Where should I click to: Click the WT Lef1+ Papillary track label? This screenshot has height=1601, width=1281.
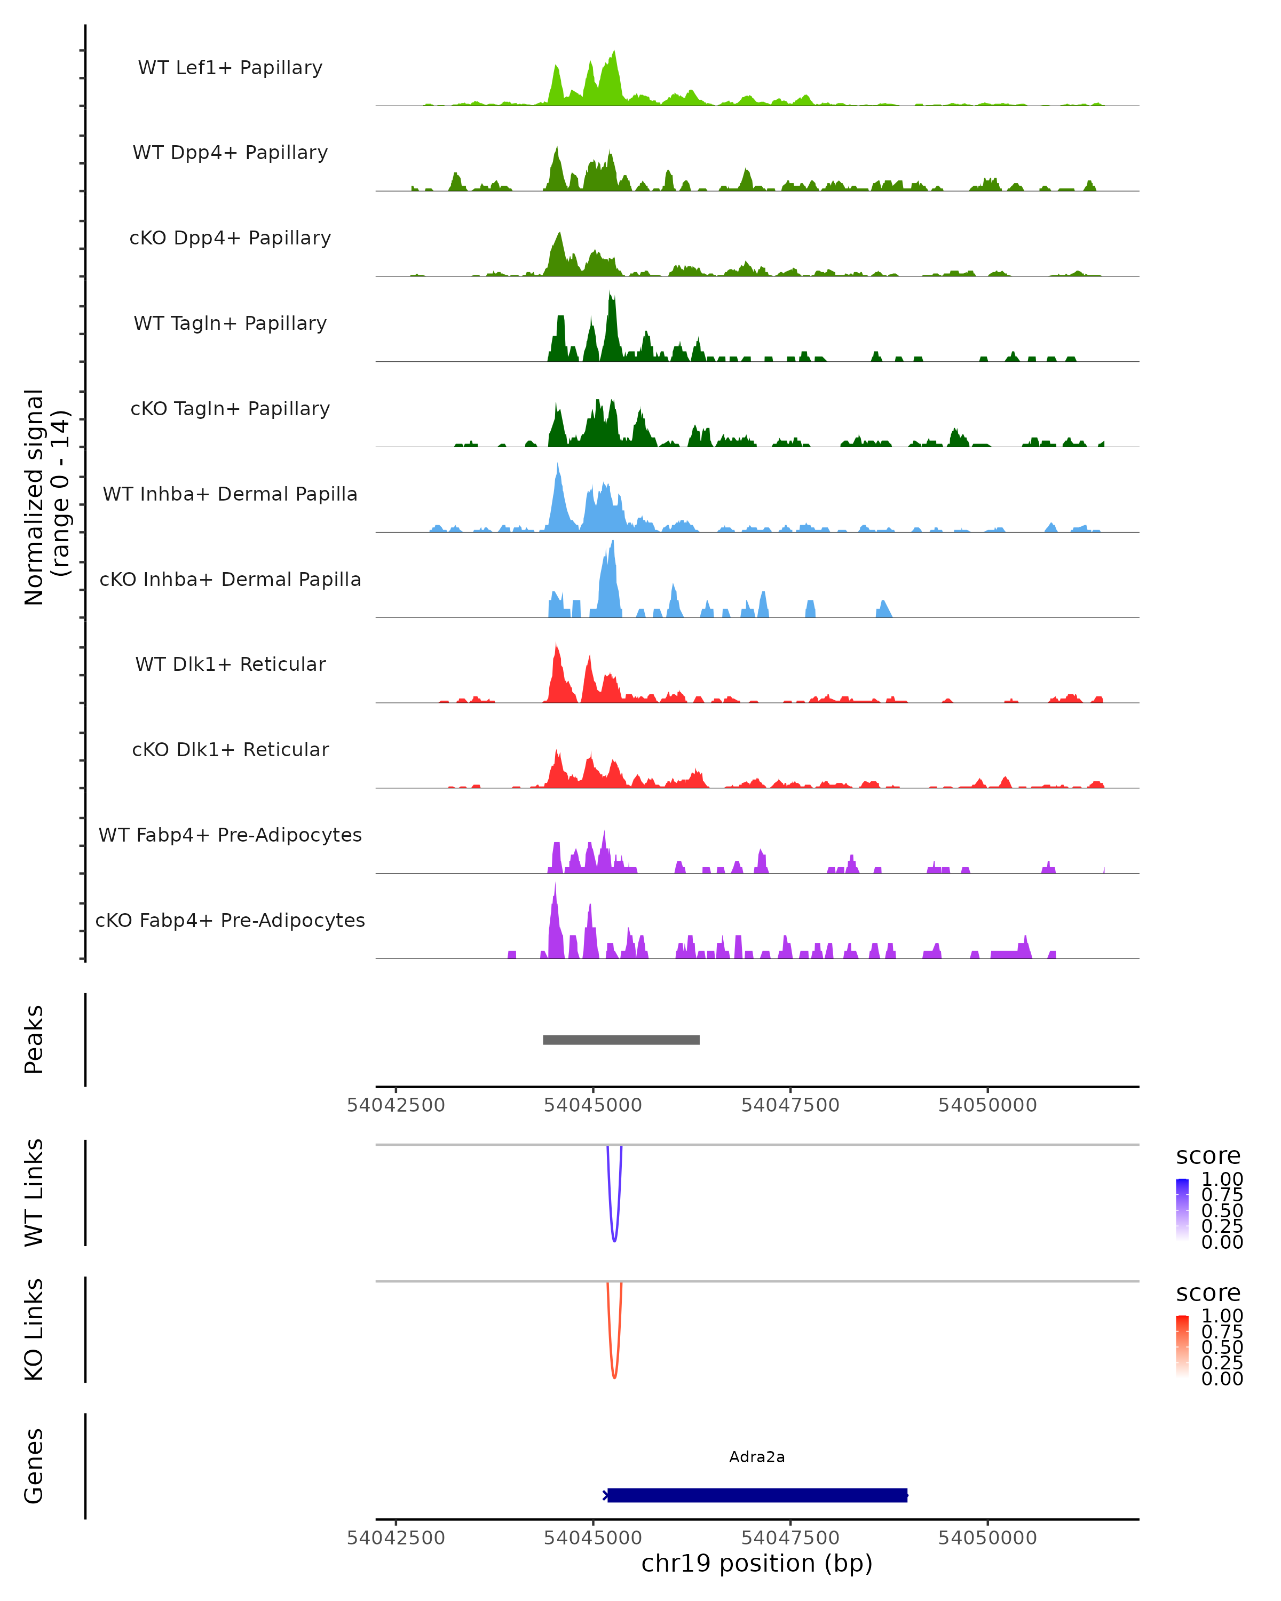230,68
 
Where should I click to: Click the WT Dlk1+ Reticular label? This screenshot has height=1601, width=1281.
230,664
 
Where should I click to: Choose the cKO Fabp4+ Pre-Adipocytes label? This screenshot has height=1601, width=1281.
230,920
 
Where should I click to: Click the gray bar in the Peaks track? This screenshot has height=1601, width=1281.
621,1040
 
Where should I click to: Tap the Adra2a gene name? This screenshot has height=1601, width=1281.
757,1457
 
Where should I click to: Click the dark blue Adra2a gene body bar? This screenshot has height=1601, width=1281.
757,1495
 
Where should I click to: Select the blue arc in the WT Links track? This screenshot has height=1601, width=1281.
614,1239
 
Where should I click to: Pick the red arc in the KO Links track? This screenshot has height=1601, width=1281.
614,1375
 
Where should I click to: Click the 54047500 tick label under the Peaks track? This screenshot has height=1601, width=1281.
790,1105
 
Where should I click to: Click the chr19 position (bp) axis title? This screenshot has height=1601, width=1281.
757,1564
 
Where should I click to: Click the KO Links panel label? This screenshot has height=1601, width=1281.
34,1329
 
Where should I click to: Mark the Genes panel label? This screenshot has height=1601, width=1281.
34,1466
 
